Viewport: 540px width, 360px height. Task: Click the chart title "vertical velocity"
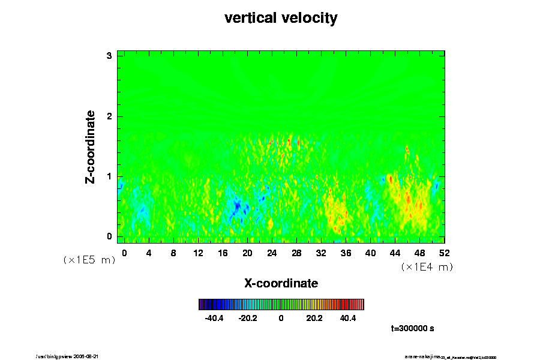281,19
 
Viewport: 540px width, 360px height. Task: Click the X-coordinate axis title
281,283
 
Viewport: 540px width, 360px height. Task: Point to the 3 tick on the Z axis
109,56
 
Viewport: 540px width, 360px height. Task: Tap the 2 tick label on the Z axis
109,116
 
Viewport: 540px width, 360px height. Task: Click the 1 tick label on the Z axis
109,176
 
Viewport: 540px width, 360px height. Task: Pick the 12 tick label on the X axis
198,253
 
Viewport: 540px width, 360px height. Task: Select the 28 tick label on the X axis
296,253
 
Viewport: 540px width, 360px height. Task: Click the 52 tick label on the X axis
444,253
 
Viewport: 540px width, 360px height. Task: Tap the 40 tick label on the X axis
370,253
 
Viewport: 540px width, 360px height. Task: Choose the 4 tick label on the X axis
149,253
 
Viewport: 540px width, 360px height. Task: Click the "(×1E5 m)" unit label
89,260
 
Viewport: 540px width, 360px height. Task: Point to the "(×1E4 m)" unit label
427,266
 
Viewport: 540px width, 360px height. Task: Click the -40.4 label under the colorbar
214,318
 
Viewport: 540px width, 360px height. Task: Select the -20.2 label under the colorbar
247,318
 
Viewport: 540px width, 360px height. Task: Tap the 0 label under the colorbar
281,318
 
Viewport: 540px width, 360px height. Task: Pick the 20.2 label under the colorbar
314,318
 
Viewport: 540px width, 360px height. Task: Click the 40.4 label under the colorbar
347,318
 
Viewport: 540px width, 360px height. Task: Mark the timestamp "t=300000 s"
412,329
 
